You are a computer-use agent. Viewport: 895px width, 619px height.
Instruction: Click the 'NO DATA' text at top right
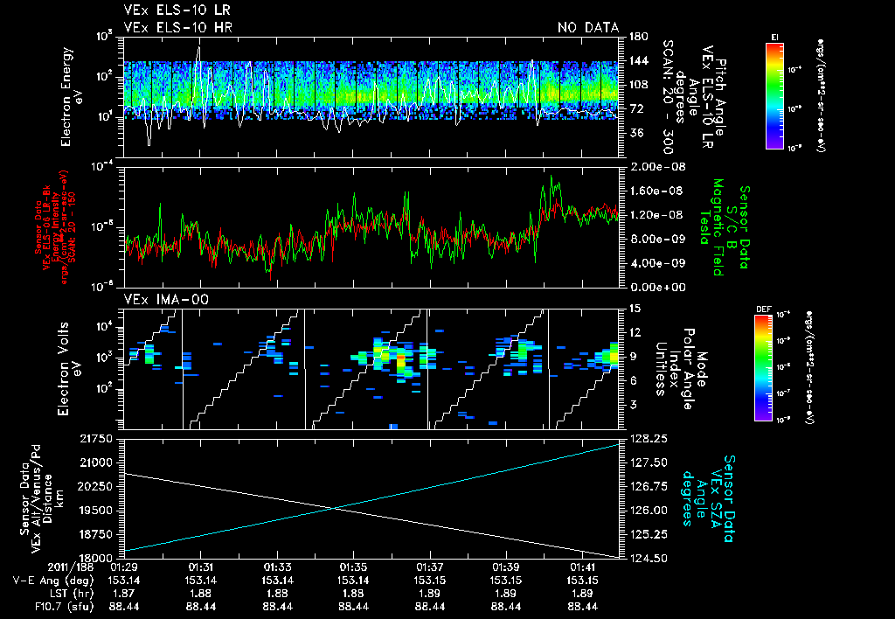(587, 28)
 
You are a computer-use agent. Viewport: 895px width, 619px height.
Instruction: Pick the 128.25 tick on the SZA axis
(646, 438)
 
